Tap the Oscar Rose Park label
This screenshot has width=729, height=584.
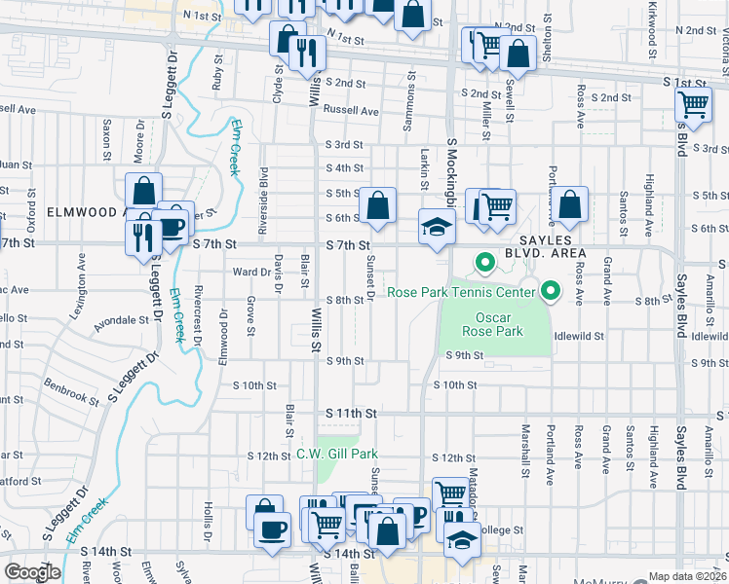point(500,324)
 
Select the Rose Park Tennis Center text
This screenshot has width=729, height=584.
point(460,292)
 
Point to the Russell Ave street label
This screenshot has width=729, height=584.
point(351,111)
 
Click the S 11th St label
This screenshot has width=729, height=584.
point(351,414)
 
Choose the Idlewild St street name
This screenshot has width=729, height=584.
point(579,336)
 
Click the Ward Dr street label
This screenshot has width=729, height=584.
point(250,272)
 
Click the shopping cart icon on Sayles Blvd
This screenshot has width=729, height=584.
point(692,104)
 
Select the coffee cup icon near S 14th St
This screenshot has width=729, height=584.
point(271,530)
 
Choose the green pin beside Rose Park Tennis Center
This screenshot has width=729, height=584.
point(551,291)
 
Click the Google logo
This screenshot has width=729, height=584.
point(32,573)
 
